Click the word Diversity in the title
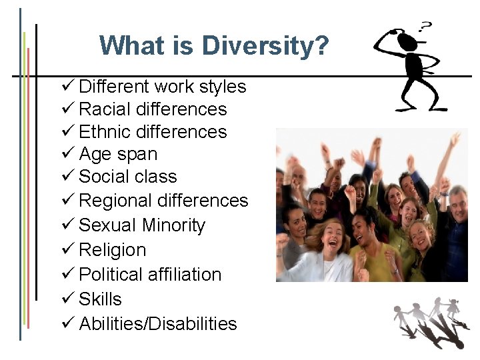point(265,46)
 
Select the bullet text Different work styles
point(162,87)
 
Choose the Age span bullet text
point(118,154)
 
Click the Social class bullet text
point(127,177)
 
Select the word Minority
point(173,225)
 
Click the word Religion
point(112,250)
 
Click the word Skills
point(100,299)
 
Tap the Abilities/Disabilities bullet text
point(158,324)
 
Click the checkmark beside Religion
point(67,250)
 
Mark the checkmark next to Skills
point(67,299)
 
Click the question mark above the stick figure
point(424,27)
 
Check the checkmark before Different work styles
point(67,87)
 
